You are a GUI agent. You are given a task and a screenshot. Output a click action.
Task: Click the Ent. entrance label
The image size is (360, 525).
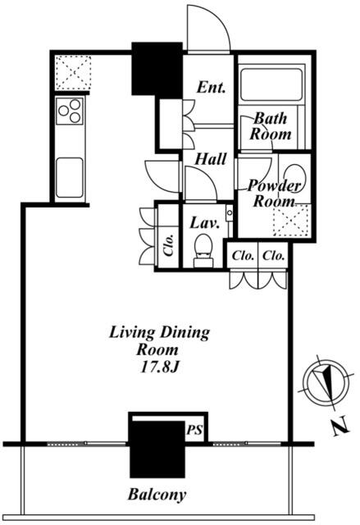pos(211,88)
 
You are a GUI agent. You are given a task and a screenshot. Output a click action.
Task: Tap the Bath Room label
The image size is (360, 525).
pos(271,126)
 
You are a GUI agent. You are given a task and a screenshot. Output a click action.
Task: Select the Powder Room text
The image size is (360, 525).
pos(275,194)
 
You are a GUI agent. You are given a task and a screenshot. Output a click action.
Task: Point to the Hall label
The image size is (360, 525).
pos(211,158)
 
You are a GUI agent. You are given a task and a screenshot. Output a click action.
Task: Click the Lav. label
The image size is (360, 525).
pos(204,222)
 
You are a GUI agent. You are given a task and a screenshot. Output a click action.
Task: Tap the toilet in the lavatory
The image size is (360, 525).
pos(203,250)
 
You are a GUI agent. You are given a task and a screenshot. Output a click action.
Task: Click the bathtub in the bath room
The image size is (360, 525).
pos(271,84)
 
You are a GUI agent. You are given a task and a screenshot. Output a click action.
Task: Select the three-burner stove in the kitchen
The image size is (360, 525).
pos(70,111)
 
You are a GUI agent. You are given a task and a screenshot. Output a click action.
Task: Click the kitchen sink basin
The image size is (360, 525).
pos(70,177)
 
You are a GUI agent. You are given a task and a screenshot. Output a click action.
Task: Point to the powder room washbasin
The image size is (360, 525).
pos(294,177)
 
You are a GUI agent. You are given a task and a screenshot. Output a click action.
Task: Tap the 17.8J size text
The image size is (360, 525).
pos(160,367)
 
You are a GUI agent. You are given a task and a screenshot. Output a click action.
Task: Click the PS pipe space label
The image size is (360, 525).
pos(194,430)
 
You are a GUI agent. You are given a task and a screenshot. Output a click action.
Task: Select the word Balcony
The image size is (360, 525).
pos(157,495)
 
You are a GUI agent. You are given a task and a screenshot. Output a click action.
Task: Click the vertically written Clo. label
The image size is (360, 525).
pos(169,244)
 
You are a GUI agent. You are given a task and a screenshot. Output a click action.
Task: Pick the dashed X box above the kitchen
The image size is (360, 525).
pos(73,73)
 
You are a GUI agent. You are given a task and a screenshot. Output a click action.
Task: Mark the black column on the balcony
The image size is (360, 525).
pos(157,449)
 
